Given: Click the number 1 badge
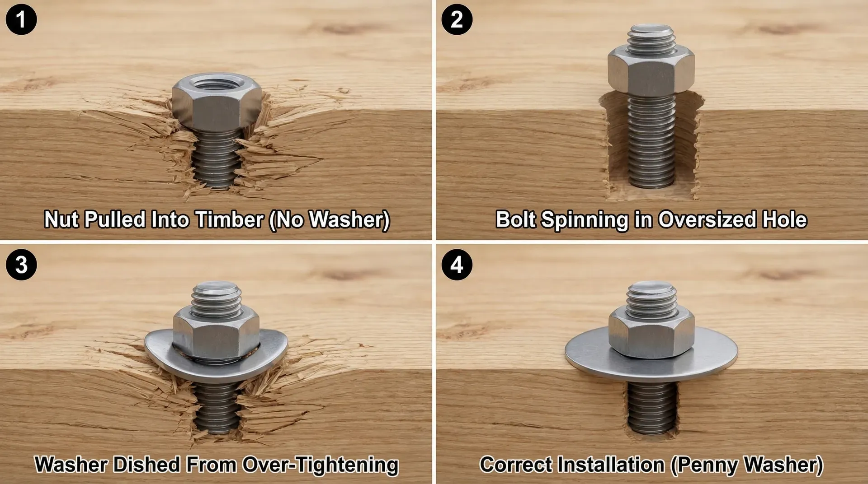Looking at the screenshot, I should pyautogui.click(x=21, y=20).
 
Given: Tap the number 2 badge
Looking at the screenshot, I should pyautogui.click(x=457, y=20).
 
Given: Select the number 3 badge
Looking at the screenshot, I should pyautogui.click(x=21, y=265).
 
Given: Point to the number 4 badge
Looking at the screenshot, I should pyautogui.click(x=457, y=265).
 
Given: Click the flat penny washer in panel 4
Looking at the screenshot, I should pyautogui.click(x=588, y=357).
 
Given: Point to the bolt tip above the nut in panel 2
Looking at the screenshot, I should pyautogui.click(x=651, y=34).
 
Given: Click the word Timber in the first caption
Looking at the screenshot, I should pyautogui.click(x=230, y=220).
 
